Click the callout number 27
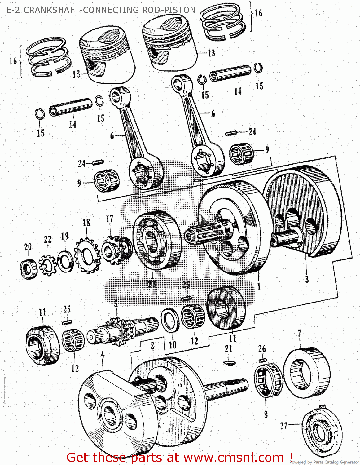click(x=284, y=426)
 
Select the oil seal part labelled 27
click(x=321, y=429)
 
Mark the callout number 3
click(x=307, y=279)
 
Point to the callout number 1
click(x=259, y=286)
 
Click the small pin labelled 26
click(x=262, y=360)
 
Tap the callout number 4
click(x=103, y=354)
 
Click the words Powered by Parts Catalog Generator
click(x=324, y=462)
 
